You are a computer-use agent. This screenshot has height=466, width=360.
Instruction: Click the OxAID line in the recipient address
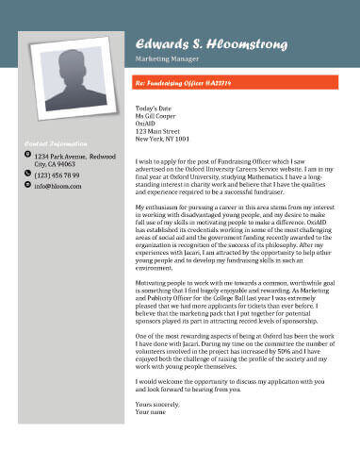coord(145,124)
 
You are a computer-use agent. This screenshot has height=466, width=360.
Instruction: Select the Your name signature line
coord(151,412)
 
